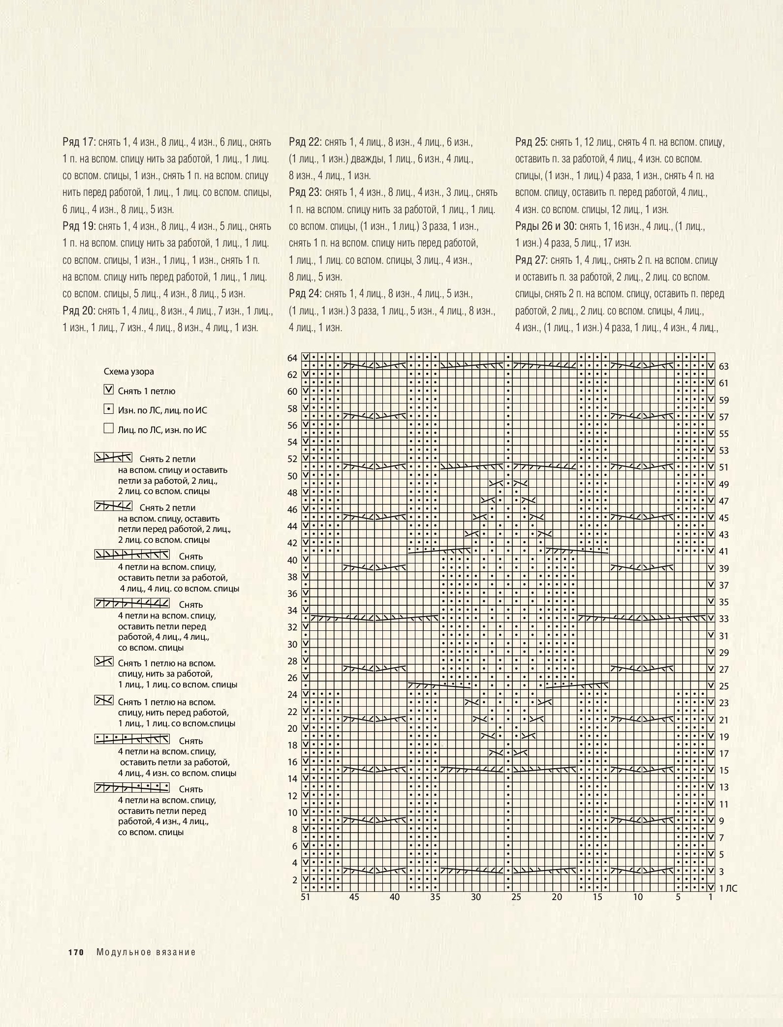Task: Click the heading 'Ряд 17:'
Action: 78,142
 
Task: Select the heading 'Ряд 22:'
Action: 305,142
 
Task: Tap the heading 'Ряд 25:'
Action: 531,142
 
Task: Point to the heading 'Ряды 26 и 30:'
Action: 545,226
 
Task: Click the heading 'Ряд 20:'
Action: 78,311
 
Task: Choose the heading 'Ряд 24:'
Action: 305,294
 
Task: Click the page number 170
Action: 74,952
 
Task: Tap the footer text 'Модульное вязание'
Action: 146,952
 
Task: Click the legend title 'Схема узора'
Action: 129,372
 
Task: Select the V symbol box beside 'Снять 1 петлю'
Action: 109,390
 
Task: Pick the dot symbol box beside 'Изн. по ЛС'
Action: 109,409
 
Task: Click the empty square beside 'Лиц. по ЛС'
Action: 109,429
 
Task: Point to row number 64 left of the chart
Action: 292,358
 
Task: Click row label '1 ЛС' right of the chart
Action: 728,888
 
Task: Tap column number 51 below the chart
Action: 306,897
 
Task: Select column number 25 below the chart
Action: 516,897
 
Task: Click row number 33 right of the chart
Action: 723,619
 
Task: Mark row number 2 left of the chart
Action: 295,880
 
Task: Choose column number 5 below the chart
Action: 678,897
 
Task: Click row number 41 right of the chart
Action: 723,552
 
